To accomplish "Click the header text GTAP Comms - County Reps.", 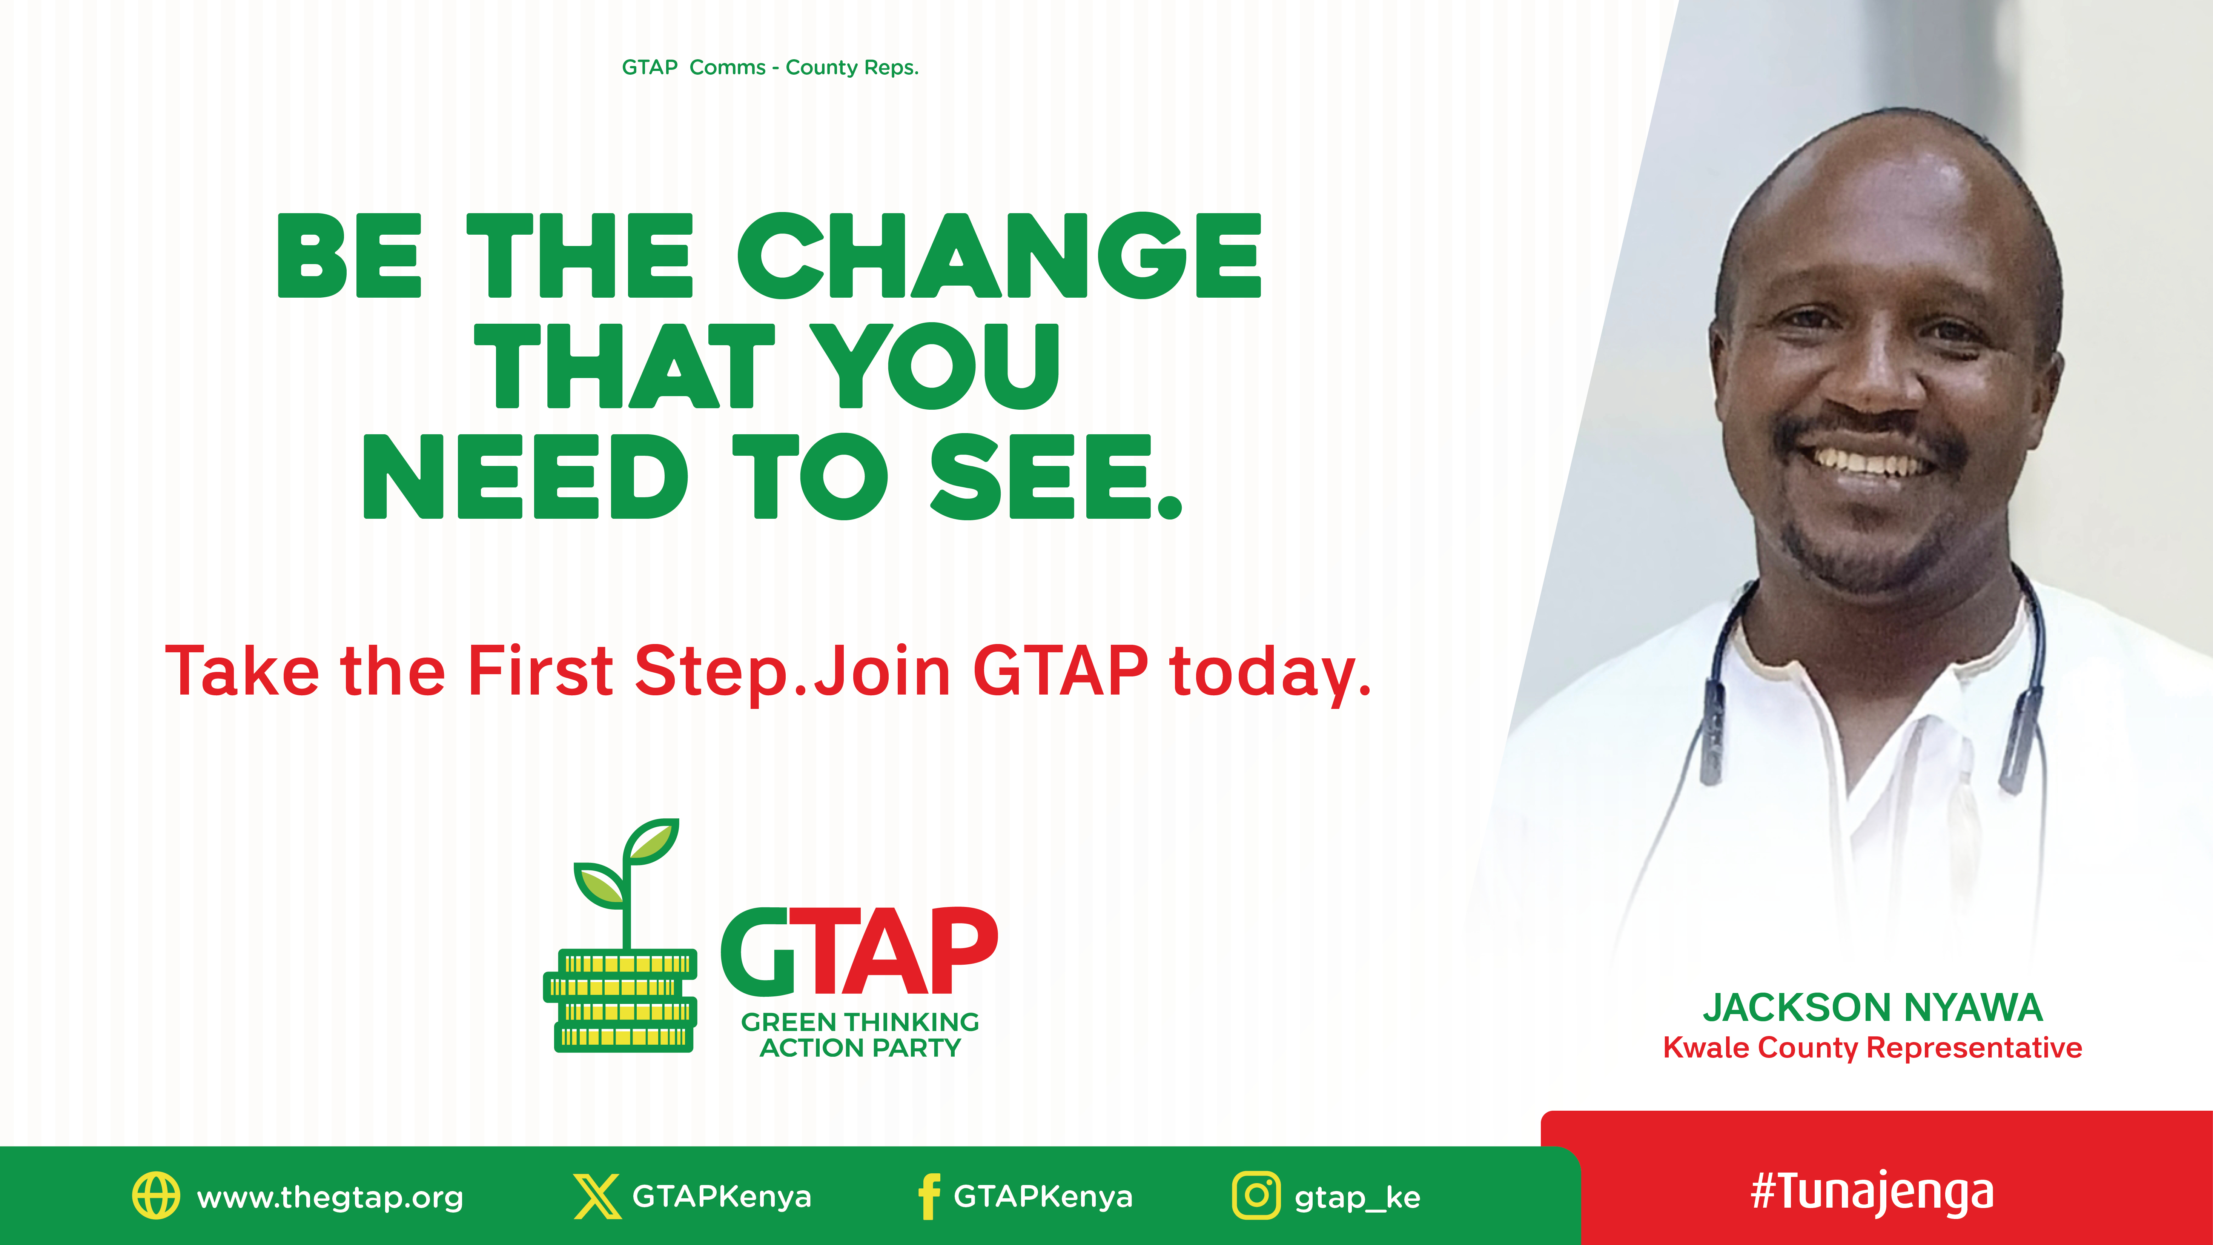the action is tap(770, 67).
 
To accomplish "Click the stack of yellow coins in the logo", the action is tap(620, 1001).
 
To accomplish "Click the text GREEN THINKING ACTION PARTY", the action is tap(860, 1034).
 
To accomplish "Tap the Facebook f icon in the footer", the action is tap(929, 1196).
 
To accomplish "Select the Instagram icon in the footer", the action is tap(1256, 1195).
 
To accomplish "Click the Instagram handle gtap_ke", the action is tap(1358, 1198).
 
